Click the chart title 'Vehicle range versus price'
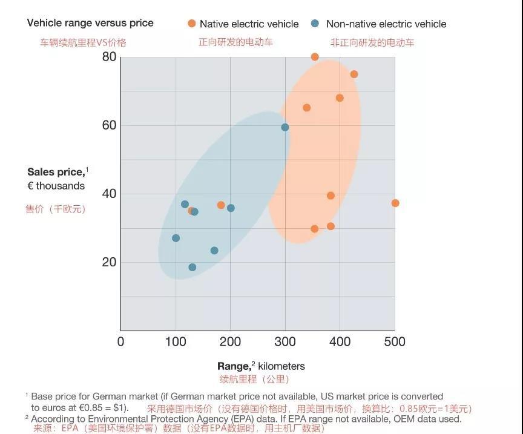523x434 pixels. pos(90,23)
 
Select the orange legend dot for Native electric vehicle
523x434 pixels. pos(191,24)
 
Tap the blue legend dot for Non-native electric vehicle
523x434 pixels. pos(315,24)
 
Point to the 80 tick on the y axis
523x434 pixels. pos(109,57)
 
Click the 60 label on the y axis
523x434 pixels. pos(109,125)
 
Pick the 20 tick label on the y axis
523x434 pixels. pos(109,262)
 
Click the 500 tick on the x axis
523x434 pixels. pos(394,341)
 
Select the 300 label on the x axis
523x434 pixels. pos(285,341)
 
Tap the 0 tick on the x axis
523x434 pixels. pos(121,341)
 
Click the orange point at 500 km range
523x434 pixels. pos(395,203)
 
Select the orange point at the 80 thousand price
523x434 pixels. pos(315,57)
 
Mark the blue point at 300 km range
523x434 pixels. pos(285,127)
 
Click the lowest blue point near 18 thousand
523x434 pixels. pos(192,268)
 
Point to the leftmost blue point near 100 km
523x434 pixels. pos(176,238)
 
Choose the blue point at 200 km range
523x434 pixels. pos(231,208)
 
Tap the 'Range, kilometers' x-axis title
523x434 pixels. pos(261,366)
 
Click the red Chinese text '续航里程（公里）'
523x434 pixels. pos(254,380)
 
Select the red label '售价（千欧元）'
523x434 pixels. pos(55,209)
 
